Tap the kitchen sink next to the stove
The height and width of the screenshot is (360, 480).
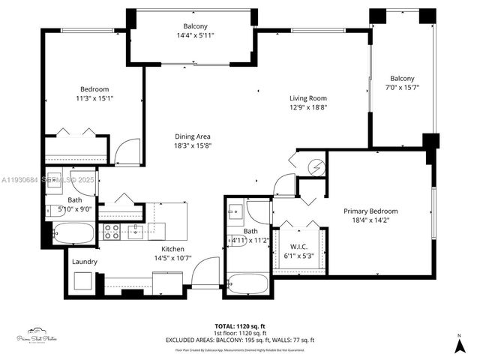135,231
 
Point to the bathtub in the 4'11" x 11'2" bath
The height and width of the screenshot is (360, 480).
247,284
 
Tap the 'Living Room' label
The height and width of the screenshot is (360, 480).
308,98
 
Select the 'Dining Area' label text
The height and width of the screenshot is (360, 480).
193,136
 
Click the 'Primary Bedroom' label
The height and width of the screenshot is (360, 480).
370,211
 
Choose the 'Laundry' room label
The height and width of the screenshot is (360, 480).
84,262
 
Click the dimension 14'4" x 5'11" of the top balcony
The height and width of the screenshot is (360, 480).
195,35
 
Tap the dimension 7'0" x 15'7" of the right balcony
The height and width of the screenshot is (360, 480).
401,88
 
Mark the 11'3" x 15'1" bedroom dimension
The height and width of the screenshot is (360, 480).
94,97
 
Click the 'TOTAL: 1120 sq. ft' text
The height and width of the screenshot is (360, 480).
239,326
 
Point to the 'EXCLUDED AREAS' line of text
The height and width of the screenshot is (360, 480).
239,340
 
